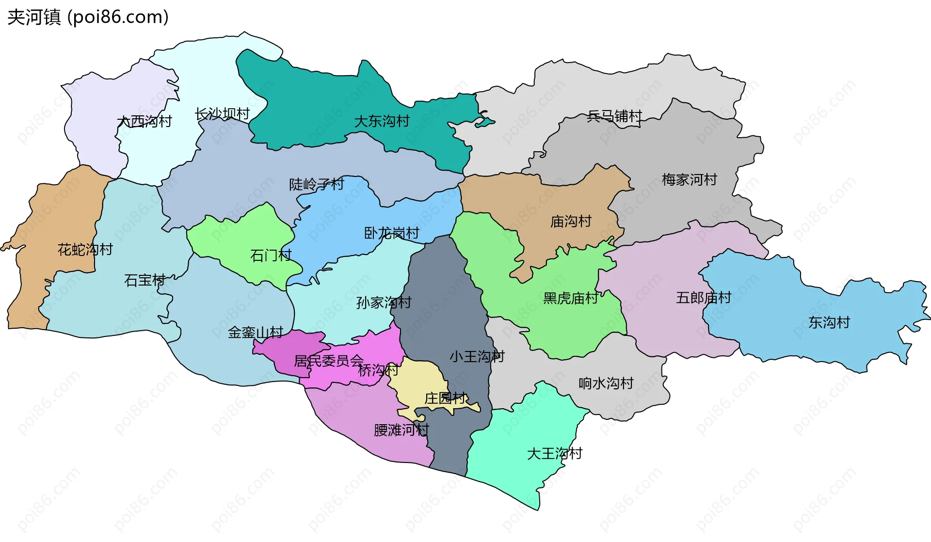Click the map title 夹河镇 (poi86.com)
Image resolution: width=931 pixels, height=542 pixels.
tap(88, 17)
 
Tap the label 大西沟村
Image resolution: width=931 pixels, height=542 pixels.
tap(144, 121)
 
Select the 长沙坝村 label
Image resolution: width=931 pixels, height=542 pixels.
tap(222, 114)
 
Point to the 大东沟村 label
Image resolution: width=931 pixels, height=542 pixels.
tap(382, 121)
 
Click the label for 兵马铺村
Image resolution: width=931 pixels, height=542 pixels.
tap(614, 116)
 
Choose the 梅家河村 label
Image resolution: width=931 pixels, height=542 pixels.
tap(690, 180)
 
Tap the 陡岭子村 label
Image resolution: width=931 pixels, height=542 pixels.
tap(317, 184)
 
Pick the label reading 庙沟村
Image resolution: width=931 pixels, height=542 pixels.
tap(571, 222)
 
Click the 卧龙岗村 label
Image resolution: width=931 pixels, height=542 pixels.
tap(392, 233)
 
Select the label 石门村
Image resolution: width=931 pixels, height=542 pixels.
tap(271, 255)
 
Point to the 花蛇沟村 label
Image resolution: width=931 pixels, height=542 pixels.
tap(85, 250)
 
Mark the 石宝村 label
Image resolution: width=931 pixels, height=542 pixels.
tap(145, 280)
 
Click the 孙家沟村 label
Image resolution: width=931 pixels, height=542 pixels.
tap(384, 303)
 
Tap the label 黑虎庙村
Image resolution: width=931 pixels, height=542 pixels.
tap(571, 298)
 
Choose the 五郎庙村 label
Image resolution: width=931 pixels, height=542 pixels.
tap(704, 298)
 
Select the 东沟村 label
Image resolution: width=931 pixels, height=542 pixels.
tap(829, 322)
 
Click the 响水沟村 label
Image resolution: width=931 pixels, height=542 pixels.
tap(606, 383)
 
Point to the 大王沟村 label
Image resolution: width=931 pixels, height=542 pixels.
tap(555, 454)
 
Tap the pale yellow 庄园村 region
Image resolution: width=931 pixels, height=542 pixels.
tap(419, 381)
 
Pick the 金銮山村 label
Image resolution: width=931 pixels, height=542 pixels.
tap(256, 333)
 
